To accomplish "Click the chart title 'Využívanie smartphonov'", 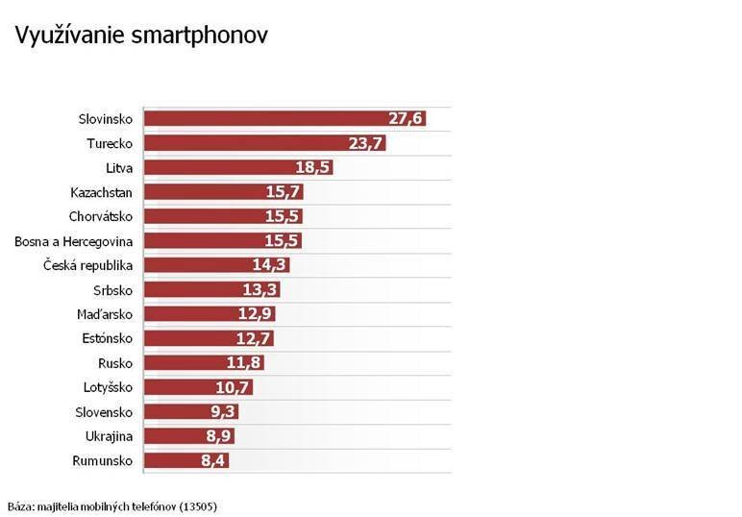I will coord(140,36).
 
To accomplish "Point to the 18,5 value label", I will coord(313,167).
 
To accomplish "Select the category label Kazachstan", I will coord(102,192).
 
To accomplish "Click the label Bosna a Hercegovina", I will coord(73,240).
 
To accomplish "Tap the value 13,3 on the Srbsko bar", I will coord(261,289).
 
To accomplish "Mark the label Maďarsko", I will coord(105,314).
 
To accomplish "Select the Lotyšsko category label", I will coord(108,387).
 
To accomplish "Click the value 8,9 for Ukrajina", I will coord(217,436).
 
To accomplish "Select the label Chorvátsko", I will coord(101,216).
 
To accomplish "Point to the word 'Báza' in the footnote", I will coord(20,505).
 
